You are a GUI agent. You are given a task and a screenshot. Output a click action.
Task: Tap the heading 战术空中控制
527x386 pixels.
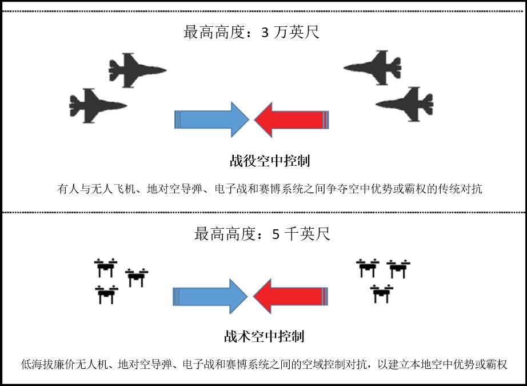pyautogui.click(x=263, y=336)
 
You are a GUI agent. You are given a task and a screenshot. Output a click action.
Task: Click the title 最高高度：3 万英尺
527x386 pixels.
pyautogui.click(x=251, y=32)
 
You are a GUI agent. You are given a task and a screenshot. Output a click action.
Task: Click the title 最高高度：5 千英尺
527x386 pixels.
pyautogui.click(x=262, y=234)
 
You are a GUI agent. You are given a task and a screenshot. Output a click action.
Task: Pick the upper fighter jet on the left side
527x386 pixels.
pyautogui.click(x=136, y=70)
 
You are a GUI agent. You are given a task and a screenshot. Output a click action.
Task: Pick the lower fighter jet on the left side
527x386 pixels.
pyautogui.click(x=97, y=105)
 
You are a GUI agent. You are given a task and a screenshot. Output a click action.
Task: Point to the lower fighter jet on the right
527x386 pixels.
pyautogui.click(x=405, y=104)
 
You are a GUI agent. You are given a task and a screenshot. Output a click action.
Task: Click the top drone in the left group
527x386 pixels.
pyautogui.click(x=105, y=267)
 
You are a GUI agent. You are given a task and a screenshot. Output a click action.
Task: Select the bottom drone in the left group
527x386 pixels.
pyautogui.click(x=106, y=294)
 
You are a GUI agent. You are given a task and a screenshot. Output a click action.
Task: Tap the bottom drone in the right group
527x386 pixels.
pyautogui.click(x=381, y=293)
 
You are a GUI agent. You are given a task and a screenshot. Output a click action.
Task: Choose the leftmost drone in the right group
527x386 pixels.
pyautogui.click(x=368, y=268)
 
